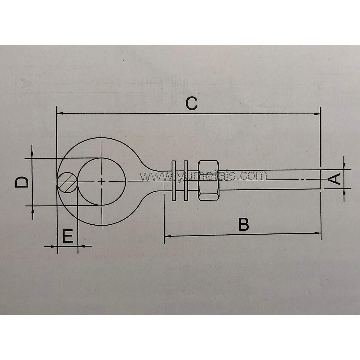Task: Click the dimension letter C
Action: pyautogui.click(x=191, y=103)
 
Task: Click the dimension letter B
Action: pyautogui.click(x=244, y=224)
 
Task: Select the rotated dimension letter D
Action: pyautogui.click(x=22, y=182)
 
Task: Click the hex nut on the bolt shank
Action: pyautogui.click(x=209, y=180)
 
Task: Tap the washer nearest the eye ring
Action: pyautogui.click(x=173, y=180)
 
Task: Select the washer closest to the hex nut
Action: pyautogui.click(x=185, y=180)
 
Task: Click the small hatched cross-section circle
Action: pyautogui.click(x=68, y=182)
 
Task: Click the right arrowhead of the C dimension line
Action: pyautogui.click(x=317, y=114)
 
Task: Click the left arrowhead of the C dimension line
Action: pyautogui.click(x=59, y=113)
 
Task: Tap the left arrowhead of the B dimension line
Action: pyautogui.click(x=167, y=236)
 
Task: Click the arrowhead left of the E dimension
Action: pyautogui.click(x=54, y=247)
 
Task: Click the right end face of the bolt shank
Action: pyautogui.click(x=320, y=179)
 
